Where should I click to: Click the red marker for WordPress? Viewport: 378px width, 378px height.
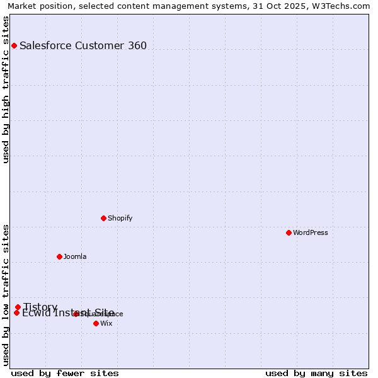click(289, 232)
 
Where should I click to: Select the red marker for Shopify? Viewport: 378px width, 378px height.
click(103, 218)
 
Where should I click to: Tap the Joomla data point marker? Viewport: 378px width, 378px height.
click(59, 256)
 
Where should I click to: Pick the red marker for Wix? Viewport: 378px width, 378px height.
click(96, 323)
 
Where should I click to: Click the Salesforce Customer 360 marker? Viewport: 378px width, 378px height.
click(14, 45)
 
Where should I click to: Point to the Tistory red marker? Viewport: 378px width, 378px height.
click(18, 307)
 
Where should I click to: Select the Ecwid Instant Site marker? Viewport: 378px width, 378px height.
click(16, 312)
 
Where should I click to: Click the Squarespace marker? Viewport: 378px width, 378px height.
click(76, 314)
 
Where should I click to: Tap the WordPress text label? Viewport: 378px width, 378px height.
click(311, 232)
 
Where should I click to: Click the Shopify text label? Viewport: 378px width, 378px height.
click(120, 218)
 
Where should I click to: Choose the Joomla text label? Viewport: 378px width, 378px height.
click(75, 256)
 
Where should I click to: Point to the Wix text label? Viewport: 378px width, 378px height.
click(106, 323)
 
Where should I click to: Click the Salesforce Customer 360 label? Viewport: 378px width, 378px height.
click(83, 45)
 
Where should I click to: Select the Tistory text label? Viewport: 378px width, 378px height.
click(40, 307)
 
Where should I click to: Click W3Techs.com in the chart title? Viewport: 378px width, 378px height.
click(341, 6)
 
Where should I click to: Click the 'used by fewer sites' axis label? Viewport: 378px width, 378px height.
click(65, 373)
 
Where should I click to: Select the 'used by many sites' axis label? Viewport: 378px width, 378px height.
click(316, 373)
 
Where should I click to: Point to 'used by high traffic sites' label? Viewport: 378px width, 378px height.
click(6, 89)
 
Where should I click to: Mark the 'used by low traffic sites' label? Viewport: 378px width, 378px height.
click(6, 294)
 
